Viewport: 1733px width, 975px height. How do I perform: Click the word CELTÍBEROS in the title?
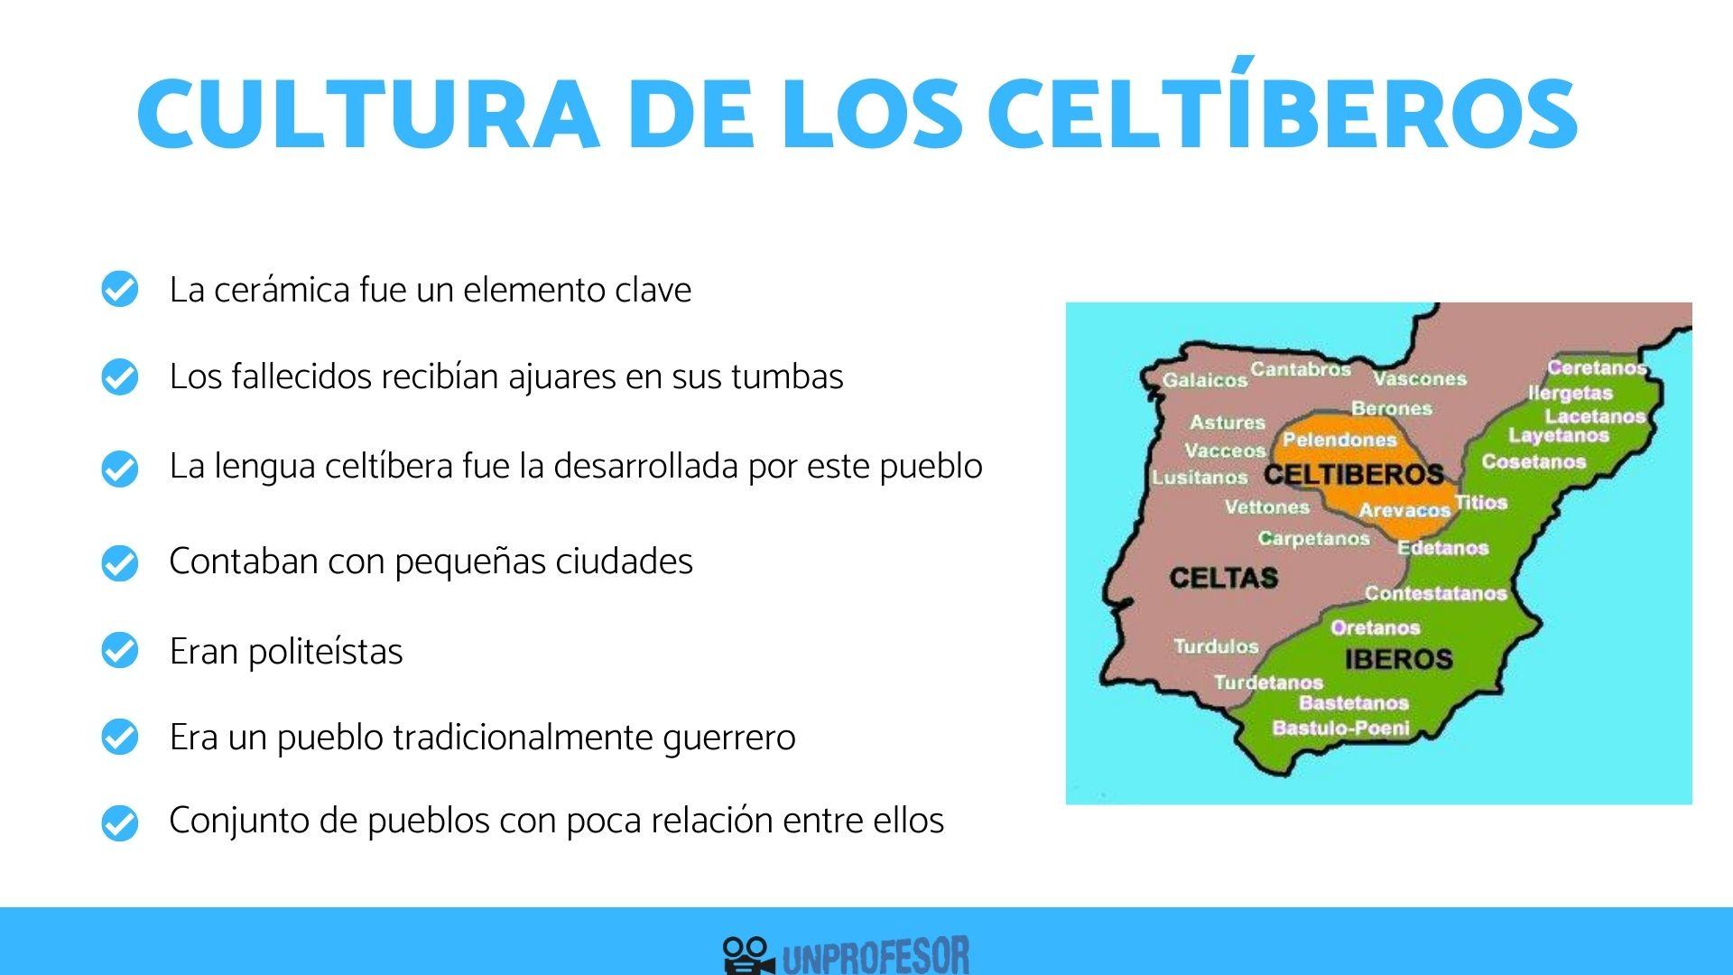1282,114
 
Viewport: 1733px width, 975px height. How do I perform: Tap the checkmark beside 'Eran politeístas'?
119,651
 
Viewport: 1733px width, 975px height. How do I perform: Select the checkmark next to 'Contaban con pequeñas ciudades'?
119,562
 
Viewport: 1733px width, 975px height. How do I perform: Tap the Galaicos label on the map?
1204,380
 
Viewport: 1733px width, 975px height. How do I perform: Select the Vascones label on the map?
1420,378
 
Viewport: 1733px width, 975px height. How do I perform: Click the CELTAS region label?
1223,578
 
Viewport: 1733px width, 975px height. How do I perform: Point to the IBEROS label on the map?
1398,659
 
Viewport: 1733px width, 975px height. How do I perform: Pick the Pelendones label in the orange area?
1339,440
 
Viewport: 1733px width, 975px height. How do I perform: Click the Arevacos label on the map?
1404,510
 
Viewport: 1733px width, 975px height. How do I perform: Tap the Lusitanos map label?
1200,478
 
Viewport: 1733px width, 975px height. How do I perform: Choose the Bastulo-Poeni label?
1340,728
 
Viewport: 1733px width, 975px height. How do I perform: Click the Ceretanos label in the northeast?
1596,367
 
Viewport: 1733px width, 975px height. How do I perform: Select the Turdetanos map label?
1268,682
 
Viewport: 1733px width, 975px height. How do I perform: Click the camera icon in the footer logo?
748,955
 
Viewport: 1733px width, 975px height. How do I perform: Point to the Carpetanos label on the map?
1313,539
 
